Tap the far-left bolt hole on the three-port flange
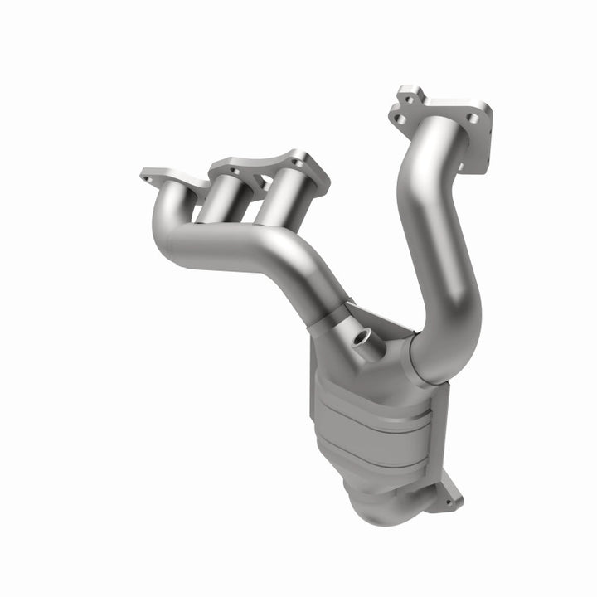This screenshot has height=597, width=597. pyautogui.click(x=149, y=176)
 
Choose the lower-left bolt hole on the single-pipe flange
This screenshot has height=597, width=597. pyautogui.click(x=399, y=121)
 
